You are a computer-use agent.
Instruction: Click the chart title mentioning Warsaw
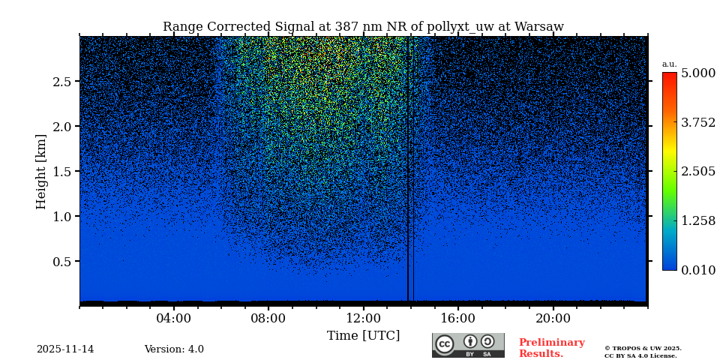pos(363,27)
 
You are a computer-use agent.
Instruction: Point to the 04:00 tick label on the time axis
pos(173,318)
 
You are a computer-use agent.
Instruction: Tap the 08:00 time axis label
pos(268,318)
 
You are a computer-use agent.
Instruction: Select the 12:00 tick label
pos(363,318)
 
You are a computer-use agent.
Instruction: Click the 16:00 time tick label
pos(457,318)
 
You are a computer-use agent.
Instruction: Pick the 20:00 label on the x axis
pos(553,318)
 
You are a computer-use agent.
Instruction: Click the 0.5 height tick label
pos(61,262)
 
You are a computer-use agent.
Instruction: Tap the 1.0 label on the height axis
pos(61,217)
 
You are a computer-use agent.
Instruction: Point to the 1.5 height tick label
pos(61,172)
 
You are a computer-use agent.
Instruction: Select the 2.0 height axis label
pos(61,127)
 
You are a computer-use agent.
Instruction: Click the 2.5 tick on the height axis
pos(61,82)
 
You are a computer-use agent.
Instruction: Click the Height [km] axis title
pos(41,171)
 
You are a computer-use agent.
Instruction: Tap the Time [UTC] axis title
pos(363,335)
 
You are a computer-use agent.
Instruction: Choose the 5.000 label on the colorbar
pos(697,73)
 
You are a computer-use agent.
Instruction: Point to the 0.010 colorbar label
pos(697,270)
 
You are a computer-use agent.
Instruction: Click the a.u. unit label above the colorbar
pos(669,64)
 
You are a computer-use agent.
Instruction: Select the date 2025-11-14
pos(65,349)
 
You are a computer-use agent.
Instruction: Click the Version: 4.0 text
pos(174,349)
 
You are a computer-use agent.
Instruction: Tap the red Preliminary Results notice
pos(551,348)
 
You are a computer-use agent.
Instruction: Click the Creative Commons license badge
pos(468,345)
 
